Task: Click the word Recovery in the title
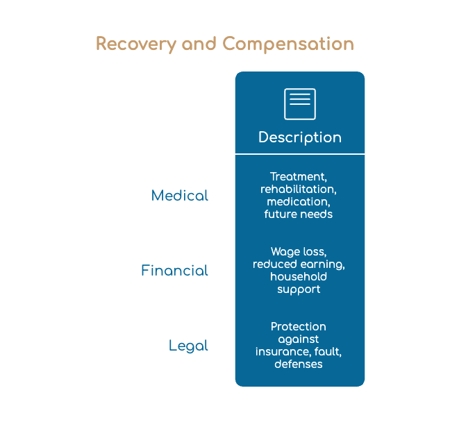(136, 44)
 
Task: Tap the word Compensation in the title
(288, 44)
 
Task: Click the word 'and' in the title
(199, 44)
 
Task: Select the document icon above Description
(300, 104)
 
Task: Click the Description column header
(300, 137)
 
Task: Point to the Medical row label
(180, 196)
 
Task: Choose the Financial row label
(174, 271)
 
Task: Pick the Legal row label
(188, 346)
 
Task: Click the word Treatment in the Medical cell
(298, 177)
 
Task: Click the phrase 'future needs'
(299, 214)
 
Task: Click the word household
(299, 276)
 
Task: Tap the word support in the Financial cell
(299, 289)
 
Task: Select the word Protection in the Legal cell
(299, 326)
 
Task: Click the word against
(299, 339)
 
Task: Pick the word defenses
(299, 364)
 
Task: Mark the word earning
(322, 264)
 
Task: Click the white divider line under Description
(300, 154)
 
